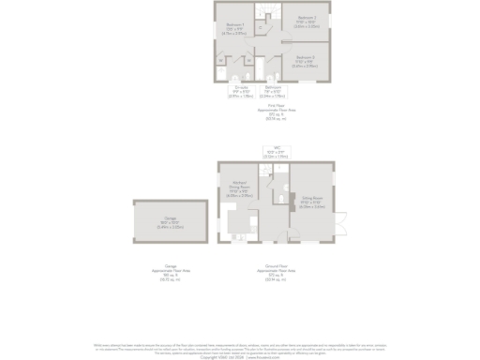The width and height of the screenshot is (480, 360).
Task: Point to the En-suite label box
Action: tap(241, 91)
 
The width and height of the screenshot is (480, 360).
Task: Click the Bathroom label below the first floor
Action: tap(273, 91)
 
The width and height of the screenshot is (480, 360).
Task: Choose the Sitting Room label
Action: tap(312, 202)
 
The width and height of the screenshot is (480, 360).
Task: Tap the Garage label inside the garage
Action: tap(170, 222)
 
